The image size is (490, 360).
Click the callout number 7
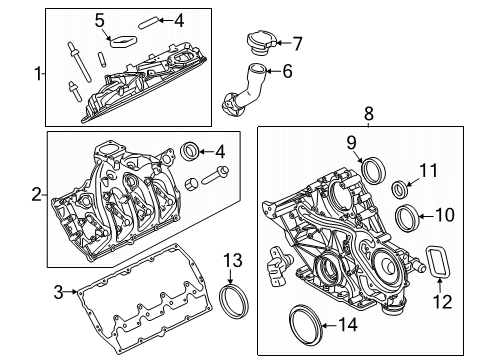297,43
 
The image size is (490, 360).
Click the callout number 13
233,260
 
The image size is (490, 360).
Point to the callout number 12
442,301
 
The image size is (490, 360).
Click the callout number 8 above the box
369,114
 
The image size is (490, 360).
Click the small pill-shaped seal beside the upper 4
147,24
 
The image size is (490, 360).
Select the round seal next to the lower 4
190,151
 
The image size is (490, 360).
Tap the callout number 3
58,292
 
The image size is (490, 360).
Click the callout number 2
37,194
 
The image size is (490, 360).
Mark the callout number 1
39,74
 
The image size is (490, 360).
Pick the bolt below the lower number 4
215,175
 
